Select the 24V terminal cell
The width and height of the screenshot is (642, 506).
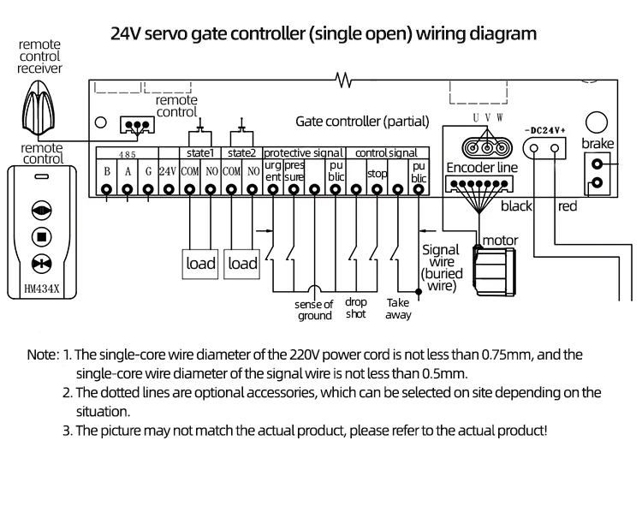(x=168, y=171)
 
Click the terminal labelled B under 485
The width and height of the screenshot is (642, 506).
(x=107, y=171)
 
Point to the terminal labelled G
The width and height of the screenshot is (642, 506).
(x=148, y=171)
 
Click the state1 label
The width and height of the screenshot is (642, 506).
(x=199, y=152)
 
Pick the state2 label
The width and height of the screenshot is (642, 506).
(x=242, y=152)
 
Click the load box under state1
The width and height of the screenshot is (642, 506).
(x=201, y=263)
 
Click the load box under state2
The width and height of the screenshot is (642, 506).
(x=242, y=263)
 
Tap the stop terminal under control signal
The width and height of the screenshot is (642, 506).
(x=377, y=174)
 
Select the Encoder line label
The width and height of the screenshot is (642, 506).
(x=482, y=169)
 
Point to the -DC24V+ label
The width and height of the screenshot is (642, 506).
(x=545, y=131)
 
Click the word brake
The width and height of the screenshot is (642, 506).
(x=597, y=144)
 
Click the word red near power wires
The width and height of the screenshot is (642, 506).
(x=568, y=206)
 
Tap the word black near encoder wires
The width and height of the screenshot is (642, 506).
(x=516, y=206)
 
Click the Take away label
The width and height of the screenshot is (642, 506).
(x=398, y=308)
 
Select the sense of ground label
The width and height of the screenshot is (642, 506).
(x=314, y=310)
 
